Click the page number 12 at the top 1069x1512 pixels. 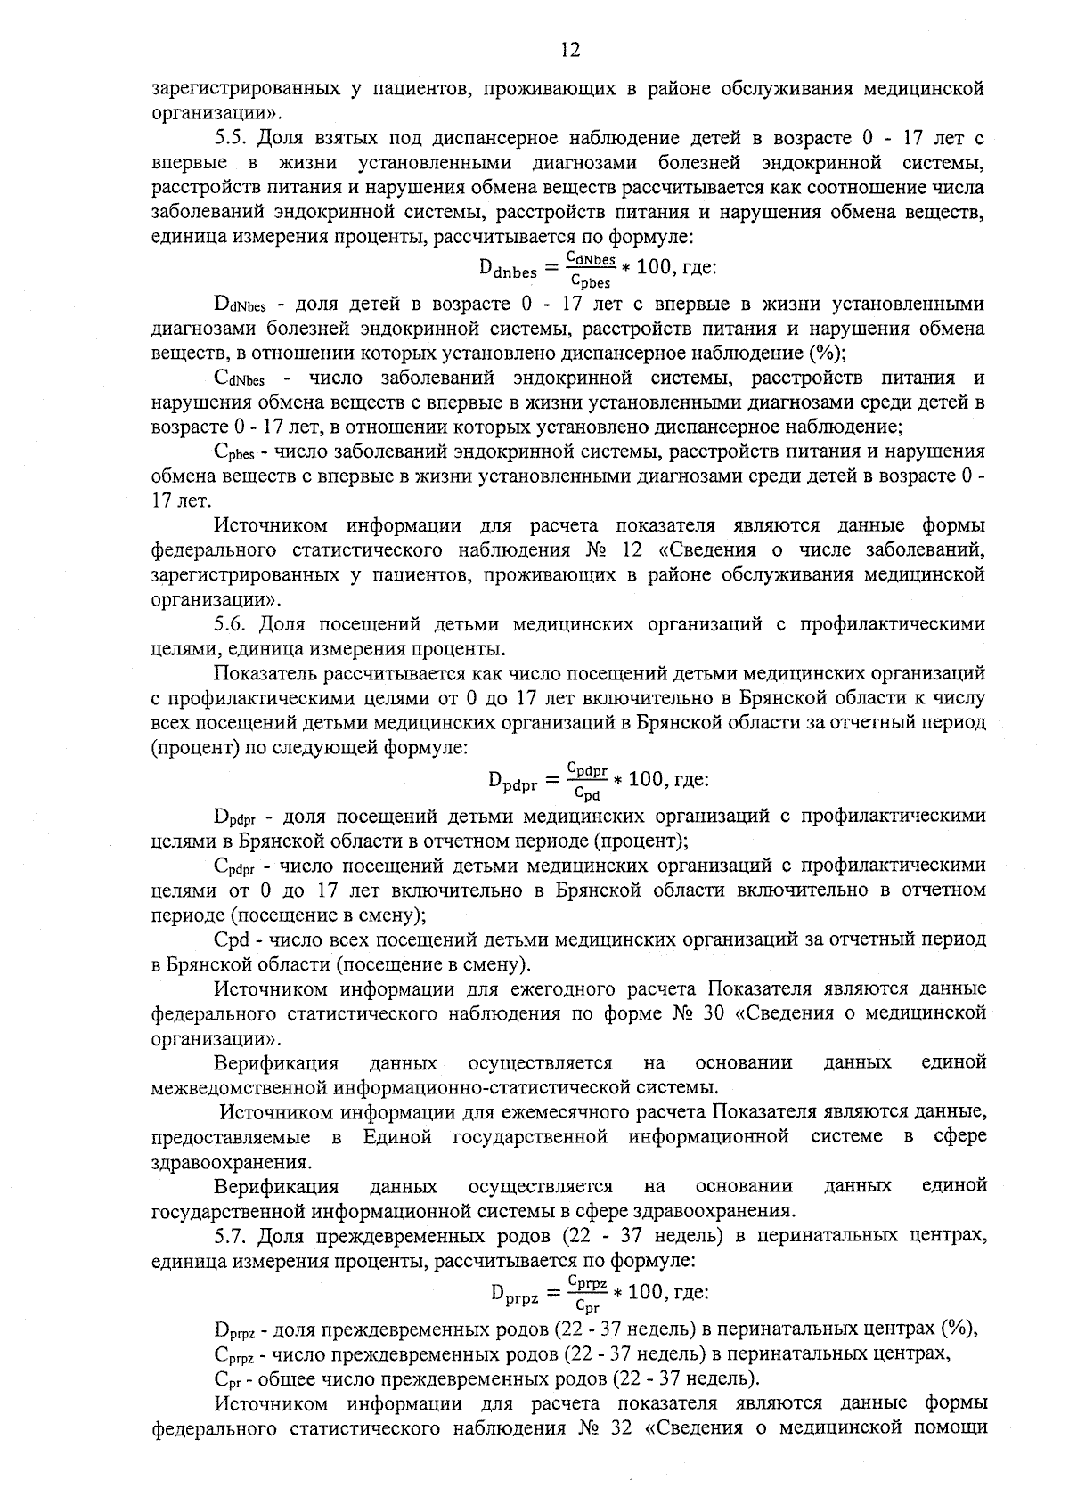(x=570, y=50)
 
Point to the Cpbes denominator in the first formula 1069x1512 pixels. (x=590, y=282)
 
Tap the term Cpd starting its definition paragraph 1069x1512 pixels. (x=231, y=940)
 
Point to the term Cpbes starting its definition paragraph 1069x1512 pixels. (x=236, y=452)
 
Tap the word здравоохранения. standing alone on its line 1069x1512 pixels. (x=233, y=1162)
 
